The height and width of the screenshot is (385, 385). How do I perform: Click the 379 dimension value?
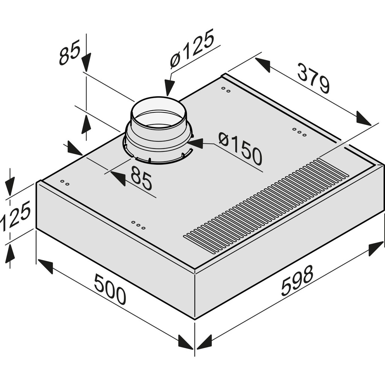coord(313,78)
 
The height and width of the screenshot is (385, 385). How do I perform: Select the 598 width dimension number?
coord(297,280)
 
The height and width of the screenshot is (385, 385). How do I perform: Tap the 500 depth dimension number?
coord(110,289)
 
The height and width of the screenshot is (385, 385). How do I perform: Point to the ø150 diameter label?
coord(240,149)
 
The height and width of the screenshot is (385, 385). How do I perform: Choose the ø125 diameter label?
coord(191,49)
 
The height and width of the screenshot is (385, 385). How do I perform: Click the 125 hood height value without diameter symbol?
coord(15,217)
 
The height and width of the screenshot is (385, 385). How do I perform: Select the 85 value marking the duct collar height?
coord(70,54)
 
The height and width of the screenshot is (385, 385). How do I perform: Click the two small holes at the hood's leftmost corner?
coord(65,183)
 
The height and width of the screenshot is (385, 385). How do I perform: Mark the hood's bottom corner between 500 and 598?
coord(195,319)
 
